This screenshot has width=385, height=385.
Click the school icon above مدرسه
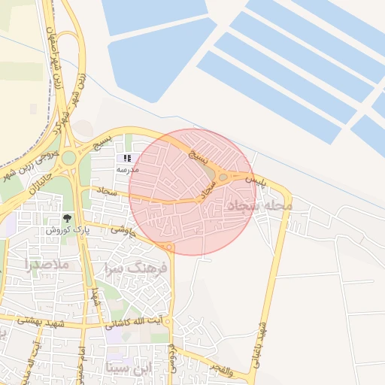tap(127, 159)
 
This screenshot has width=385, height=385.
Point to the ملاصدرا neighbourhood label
tap(47, 265)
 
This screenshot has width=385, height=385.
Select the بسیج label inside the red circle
tap(195, 156)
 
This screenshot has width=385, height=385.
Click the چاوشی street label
tap(122, 229)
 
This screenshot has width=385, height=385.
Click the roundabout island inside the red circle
tap(223, 177)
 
